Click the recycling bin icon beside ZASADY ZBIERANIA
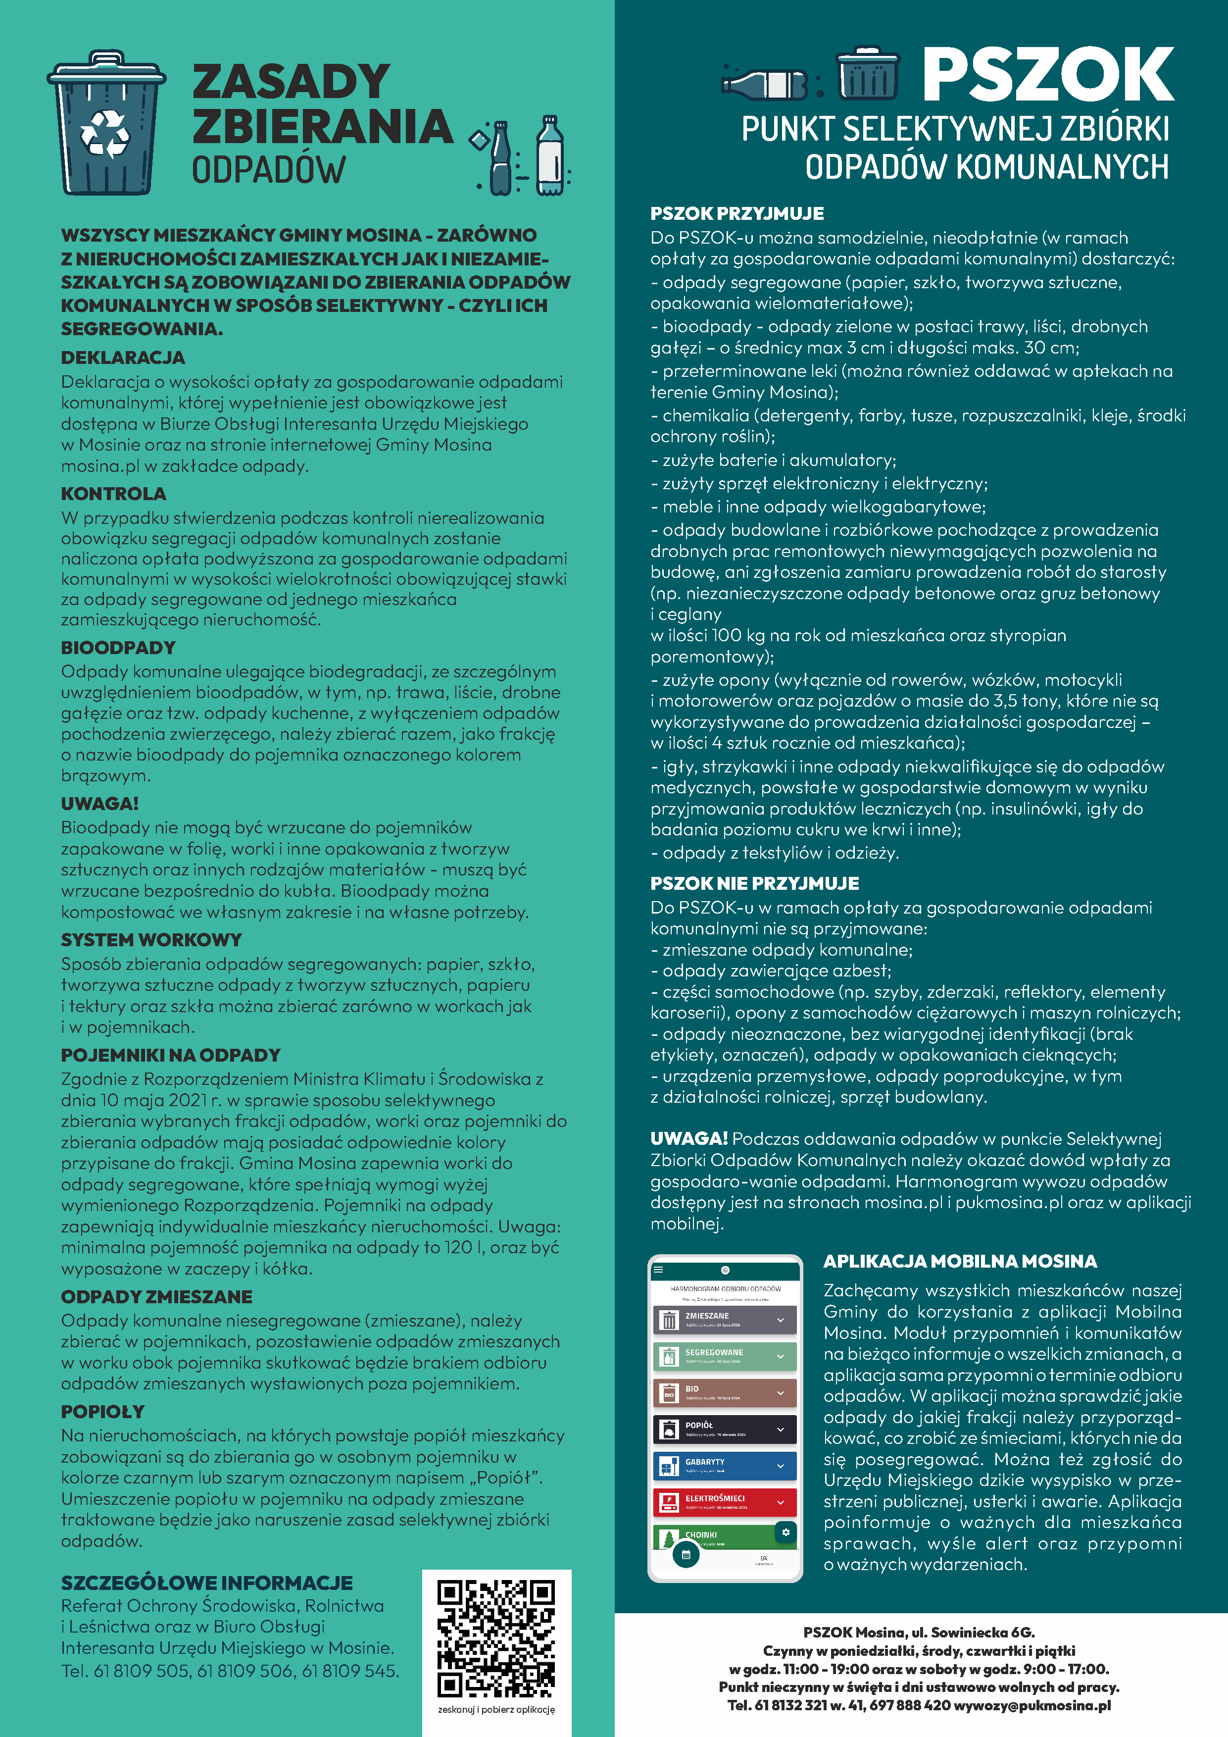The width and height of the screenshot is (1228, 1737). point(106,123)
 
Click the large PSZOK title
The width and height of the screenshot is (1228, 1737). point(1047,74)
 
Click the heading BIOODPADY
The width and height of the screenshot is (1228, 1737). point(118,648)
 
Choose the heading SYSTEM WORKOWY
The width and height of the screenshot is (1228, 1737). point(151,940)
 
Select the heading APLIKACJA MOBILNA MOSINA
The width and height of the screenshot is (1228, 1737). point(960,1261)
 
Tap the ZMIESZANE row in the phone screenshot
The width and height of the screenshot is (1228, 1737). point(725,1320)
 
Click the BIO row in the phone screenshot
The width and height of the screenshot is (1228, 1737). point(725,1393)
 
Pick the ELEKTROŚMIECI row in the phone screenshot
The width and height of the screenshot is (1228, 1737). point(725,1502)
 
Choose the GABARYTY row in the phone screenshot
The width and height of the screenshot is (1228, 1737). point(725,1466)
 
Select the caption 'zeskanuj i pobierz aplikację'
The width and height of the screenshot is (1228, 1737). point(496,1709)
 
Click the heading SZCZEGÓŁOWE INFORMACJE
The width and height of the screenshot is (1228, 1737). point(206,1583)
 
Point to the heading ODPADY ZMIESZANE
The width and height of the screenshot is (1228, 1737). point(156,1297)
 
